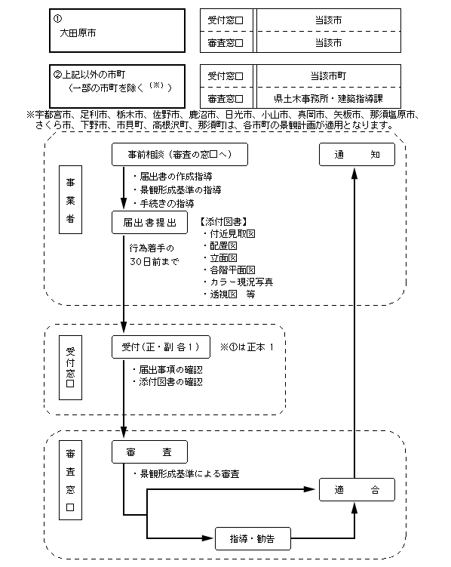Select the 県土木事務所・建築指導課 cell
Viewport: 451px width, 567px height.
[x=329, y=98]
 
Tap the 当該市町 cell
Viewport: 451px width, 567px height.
[x=329, y=76]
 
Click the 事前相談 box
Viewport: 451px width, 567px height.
[x=179, y=155]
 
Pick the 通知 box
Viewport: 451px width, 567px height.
[x=357, y=155]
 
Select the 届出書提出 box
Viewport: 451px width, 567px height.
[x=149, y=223]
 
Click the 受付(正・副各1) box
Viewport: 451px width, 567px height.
[x=161, y=347]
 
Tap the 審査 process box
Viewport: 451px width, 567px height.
[x=149, y=451]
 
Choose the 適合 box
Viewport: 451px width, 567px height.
[x=357, y=490]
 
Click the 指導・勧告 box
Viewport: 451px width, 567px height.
[x=253, y=539]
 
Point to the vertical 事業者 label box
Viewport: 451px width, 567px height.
[x=70, y=199]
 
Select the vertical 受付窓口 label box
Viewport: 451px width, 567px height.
[x=70, y=368]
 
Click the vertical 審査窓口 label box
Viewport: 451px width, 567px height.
[x=70, y=480]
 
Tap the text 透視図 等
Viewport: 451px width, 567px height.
[x=229, y=294]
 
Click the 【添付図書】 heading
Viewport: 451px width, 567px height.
[x=224, y=221]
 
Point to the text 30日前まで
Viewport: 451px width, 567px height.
[x=154, y=261]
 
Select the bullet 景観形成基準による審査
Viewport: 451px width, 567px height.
[x=186, y=473]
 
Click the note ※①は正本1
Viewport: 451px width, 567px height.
[x=247, y=347]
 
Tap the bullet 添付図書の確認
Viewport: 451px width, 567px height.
[x=167, y=382]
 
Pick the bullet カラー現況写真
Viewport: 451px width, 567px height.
[x=238, y=282]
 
